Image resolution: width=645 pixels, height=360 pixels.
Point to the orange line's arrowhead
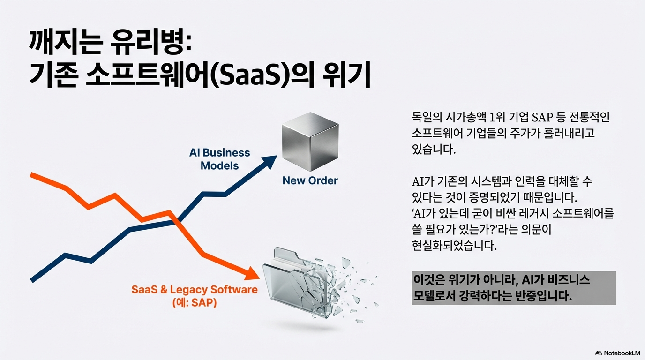[x=252, y=273]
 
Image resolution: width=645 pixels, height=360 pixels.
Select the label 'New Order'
[x=310, y=180]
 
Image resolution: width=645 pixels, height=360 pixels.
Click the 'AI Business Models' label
[x=220, y=159]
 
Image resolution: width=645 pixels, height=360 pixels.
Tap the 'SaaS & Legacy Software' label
[x=195, y=289]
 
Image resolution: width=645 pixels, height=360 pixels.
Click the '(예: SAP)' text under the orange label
[x=195, y=303]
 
